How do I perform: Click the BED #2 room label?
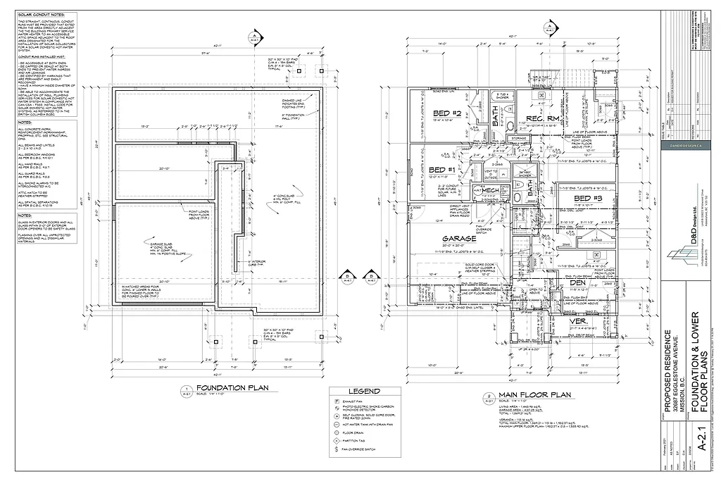446,113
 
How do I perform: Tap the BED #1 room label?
441,170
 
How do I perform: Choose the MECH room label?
490,191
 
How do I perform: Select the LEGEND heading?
365,391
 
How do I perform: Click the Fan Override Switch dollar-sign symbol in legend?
337,449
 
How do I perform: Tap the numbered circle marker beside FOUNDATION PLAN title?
187,389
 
